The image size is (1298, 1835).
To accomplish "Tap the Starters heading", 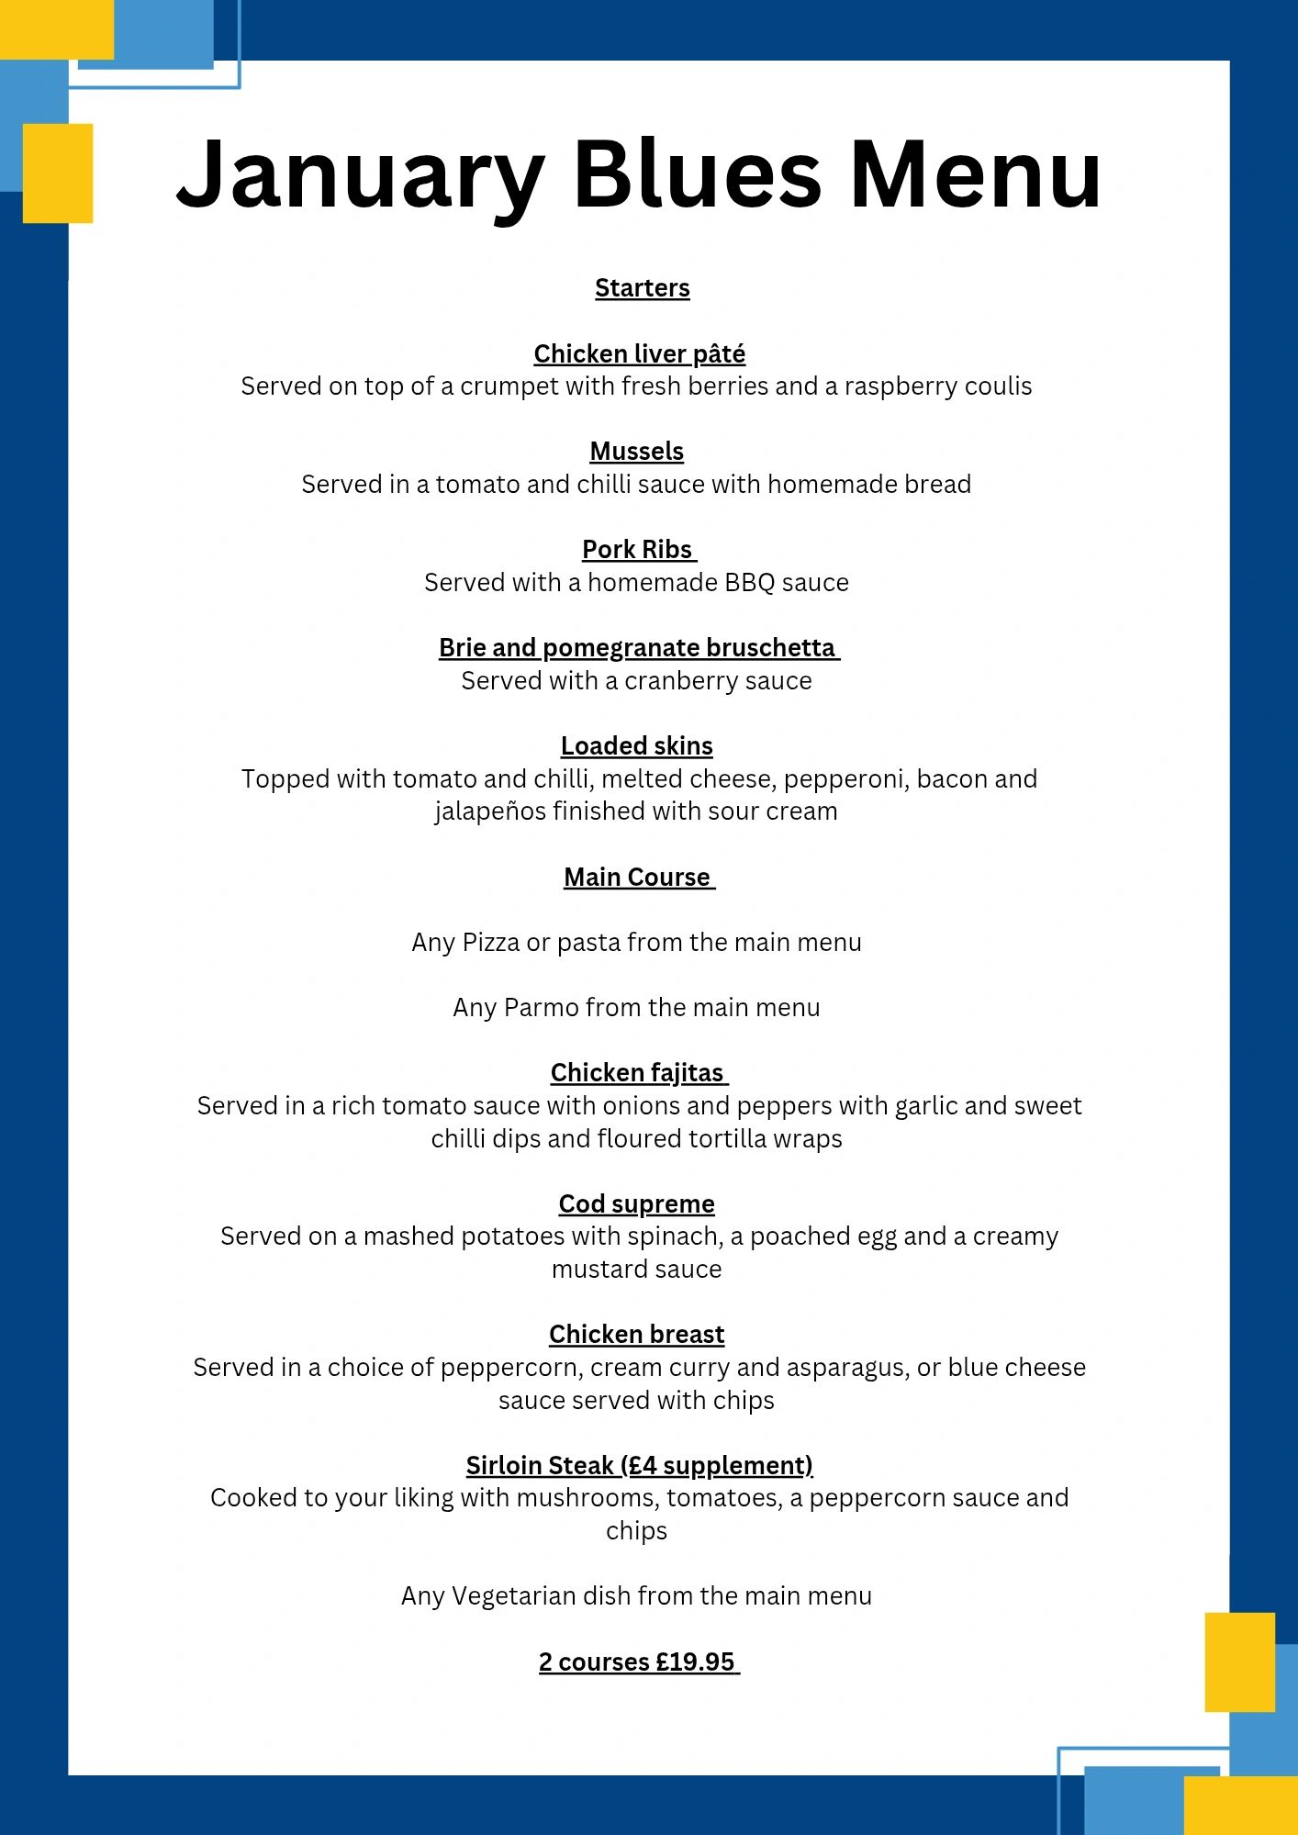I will point(642,288).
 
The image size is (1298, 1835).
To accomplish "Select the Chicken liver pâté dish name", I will point(639,354).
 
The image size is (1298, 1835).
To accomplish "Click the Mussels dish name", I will point(636,452).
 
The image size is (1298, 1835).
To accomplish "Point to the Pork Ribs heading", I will point(637,550).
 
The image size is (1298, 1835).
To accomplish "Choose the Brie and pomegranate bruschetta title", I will point(637,648).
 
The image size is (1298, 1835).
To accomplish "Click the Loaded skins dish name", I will point(636,746).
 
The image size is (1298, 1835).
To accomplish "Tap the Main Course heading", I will point(637,878).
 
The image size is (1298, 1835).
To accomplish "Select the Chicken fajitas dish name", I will point(637,1073).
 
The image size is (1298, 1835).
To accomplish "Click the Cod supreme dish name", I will point(636,1203).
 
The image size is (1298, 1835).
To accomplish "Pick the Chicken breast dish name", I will point(636,1335).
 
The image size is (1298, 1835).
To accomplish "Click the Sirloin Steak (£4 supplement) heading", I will point(639,1466).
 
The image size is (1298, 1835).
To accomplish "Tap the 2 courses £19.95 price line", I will point(637,1662).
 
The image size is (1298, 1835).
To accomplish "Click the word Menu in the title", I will point(975,174).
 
